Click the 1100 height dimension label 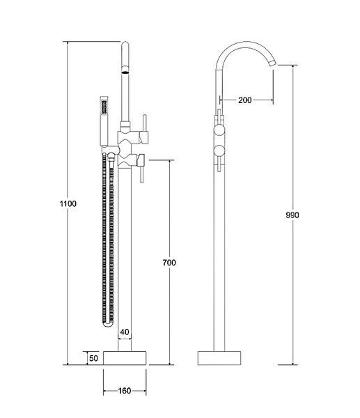tap(68, 203)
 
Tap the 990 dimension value tap(292, 215)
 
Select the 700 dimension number tap(169, 263)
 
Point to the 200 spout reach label tap(245, 100)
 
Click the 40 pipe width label tap(125, 332)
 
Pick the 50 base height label tap(93, 358)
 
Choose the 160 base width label tap(125, 391)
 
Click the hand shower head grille tap(104, 107)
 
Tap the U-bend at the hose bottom tap(108, 324)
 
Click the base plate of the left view tap(125, 358)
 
